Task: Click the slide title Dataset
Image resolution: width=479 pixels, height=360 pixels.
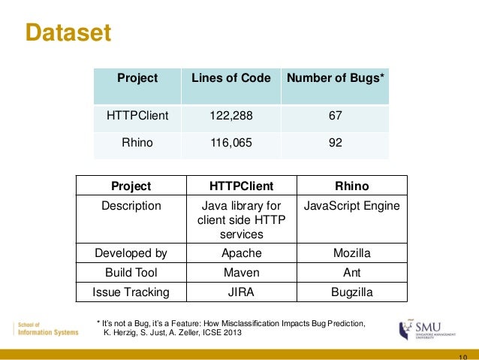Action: pyautogui.click(x=68, y=34)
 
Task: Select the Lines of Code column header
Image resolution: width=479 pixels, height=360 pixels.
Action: pyautogui.click(x=231, y=77)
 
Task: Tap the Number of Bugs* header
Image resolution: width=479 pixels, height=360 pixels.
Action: pyautogui.click(x=335, y=77)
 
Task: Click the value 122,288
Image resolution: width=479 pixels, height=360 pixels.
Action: pyautogui.click(x=231, y=116)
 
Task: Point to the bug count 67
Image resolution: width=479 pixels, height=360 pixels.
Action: pyautogui.click(x=335, y=116)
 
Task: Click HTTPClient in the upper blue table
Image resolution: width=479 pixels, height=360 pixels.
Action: pyautogui.click(x=137, y=116)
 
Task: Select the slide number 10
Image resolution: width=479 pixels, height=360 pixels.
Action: pyautogui.click(x=461, y=355)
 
